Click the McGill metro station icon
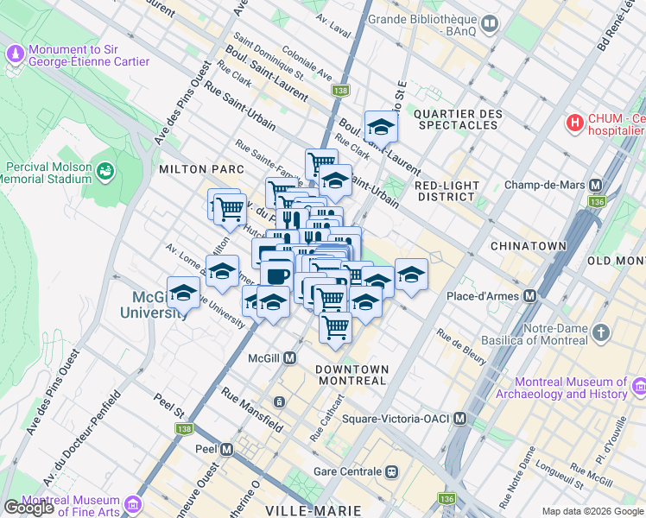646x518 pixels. point(291,357)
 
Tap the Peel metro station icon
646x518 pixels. point(227,450)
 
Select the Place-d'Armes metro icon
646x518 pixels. point(529,296)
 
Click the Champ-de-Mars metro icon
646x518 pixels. point(595,186)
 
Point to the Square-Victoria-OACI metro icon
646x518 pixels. point(459,419)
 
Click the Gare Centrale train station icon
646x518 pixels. point(392,471)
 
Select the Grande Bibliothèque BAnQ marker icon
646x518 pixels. point(491,23)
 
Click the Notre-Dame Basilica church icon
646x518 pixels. point(601,332)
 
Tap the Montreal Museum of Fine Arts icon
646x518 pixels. point(132,503)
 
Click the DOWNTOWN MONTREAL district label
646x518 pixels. point(351,375)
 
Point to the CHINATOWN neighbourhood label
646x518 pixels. point(528,246)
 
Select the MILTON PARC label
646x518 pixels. point(191,169)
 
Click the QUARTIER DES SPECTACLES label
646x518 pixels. point(457,119)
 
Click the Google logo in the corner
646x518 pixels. point(28,508)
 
